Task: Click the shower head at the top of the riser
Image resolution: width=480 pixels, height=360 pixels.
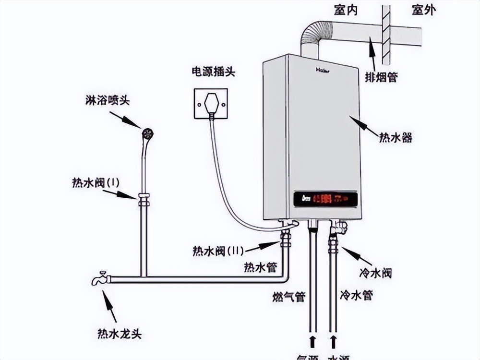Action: pyautogui.click(x=148, y=133)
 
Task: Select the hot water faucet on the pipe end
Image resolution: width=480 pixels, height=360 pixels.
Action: pyautogui.click(x=101, y=278)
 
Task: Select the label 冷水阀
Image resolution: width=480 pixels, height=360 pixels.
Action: pyautogui.click(x=375, y=274)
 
